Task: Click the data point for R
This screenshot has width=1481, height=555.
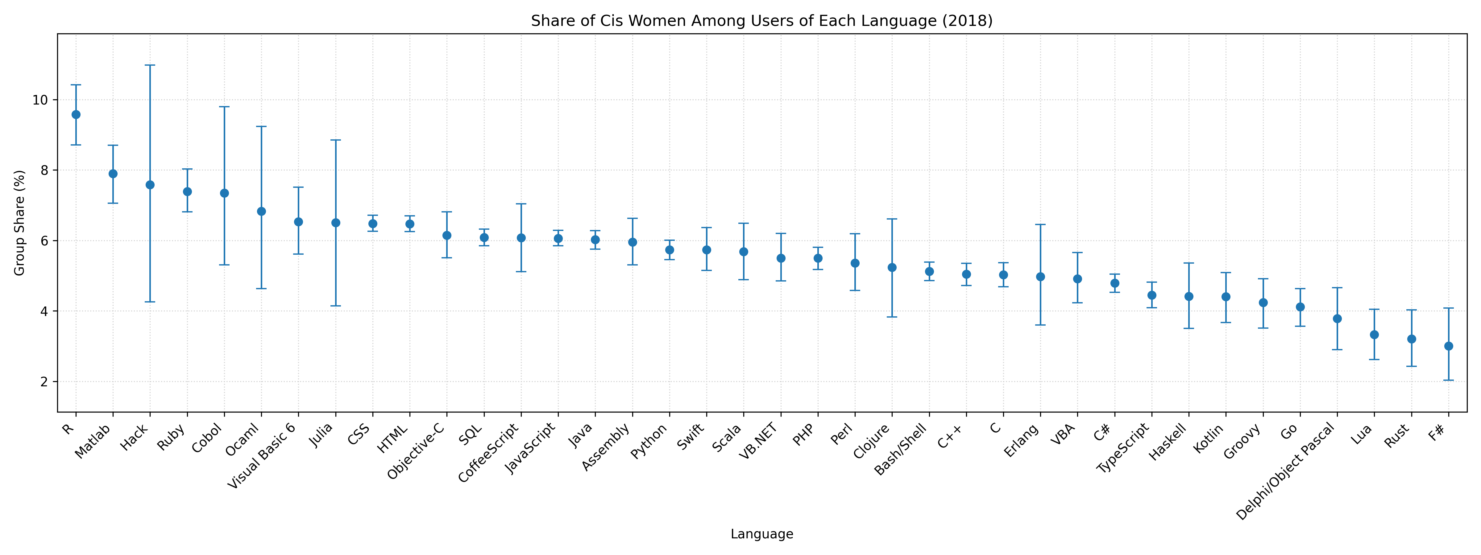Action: tap(76, 114)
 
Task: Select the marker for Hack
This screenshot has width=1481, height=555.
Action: tap(150, 184)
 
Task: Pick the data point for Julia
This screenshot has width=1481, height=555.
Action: tap(336, 222)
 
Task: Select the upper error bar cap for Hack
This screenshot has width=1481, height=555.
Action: tap(150, 65)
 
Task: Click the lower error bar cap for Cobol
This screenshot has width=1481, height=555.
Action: tap(224, 265)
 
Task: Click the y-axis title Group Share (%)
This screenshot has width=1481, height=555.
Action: tap(20, 223)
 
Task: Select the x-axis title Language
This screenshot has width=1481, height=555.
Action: tap(762, 534)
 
